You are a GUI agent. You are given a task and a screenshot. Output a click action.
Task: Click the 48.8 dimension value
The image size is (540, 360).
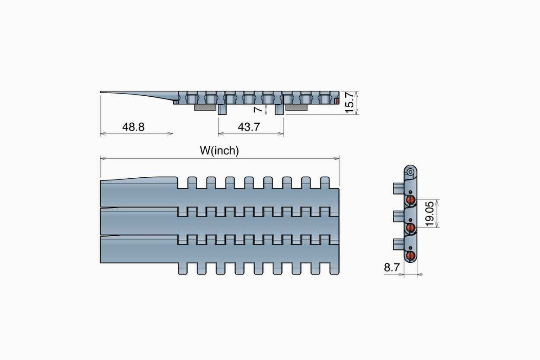[133, 127]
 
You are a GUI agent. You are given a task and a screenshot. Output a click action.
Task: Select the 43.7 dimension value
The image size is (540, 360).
[249, 127]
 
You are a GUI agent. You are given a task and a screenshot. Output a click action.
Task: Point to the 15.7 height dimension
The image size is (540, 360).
[349, 103]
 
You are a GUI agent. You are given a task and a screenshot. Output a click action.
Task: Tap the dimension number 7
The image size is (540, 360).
[258, 109]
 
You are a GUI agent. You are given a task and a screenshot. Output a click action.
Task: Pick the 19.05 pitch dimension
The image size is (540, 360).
[430, 214]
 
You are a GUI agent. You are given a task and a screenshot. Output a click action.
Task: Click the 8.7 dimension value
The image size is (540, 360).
[392, 268]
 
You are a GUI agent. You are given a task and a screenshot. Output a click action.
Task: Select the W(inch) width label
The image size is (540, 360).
[220, 151]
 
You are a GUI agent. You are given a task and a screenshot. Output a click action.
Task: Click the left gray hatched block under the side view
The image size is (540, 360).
[205, 107]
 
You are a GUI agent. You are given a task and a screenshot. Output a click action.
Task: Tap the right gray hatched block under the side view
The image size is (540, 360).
[297, 107]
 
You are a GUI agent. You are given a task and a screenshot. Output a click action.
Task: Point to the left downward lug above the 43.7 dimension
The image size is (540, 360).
[222, 109]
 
